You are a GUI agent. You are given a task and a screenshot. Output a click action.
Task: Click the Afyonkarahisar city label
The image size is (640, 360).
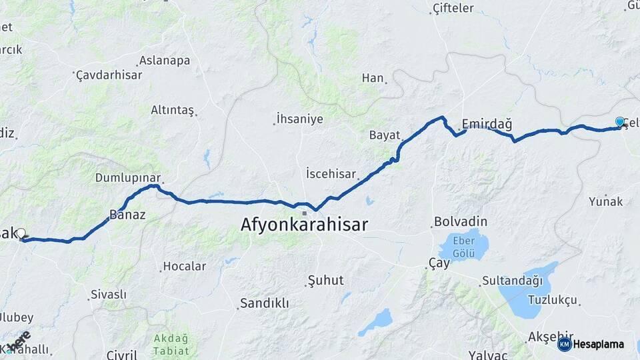click(x=304, y=225)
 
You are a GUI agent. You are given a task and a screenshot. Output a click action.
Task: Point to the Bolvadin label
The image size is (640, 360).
click(x=461, y=221)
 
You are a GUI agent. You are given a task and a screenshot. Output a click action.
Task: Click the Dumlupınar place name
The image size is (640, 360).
click(x=128, y=178)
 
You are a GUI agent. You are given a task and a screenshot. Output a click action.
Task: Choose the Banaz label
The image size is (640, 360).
click(x=127, y=215)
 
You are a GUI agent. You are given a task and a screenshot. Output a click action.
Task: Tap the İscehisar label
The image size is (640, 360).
click(x=331, y=173)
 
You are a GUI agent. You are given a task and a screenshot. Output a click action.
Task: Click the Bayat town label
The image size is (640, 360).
click(x=384, y=135)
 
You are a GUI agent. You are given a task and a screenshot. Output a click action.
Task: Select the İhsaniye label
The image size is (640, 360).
click(x=299, y=119)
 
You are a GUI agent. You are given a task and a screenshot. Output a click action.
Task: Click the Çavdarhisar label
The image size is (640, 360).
click(x=109, y=75)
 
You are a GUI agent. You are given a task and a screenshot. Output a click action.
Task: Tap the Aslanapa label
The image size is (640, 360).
click(x=164, y=61)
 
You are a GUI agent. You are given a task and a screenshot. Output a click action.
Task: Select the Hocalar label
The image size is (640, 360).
click(x=185, y=266)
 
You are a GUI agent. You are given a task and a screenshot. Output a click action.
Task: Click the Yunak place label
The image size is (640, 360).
click(x=605, y=201)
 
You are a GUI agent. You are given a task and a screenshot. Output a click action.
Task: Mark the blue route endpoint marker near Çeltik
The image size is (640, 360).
click(x=620, y=122)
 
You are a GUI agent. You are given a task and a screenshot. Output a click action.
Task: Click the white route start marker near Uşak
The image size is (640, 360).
click(x=21, y=234)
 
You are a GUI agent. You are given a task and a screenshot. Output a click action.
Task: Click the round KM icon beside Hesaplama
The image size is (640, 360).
click(x=565, y=344)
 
